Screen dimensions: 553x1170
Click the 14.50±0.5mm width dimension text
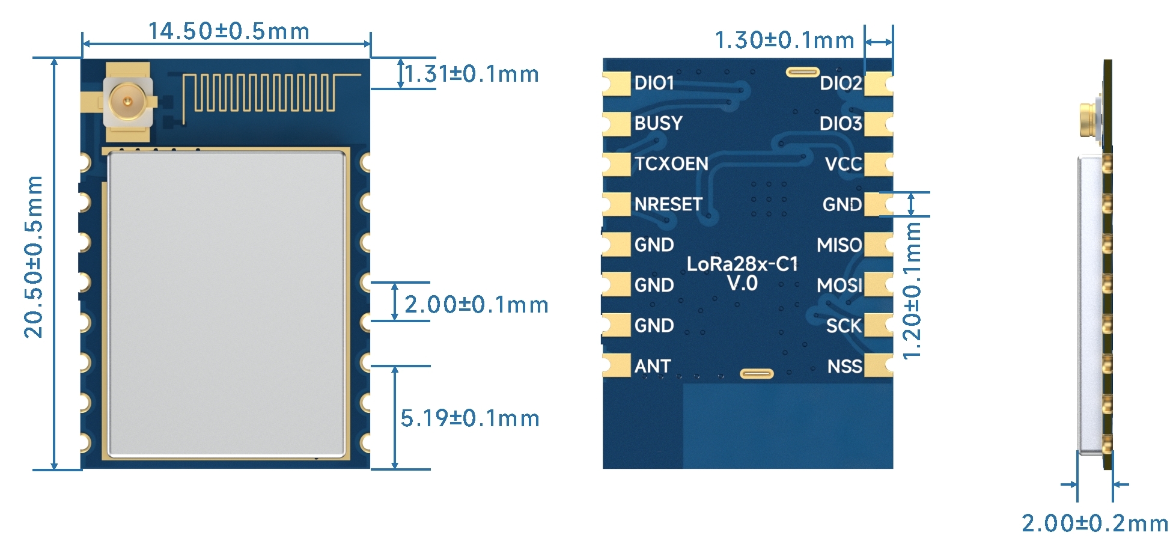point(228,31)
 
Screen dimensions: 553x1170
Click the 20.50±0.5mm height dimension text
point(34,257)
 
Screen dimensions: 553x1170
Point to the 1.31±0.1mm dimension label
point(472,75)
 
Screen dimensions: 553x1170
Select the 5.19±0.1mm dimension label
point(470,418)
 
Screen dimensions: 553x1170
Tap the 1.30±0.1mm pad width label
point(784,41)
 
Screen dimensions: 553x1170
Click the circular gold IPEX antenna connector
point(127,101)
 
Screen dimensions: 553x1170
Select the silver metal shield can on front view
point(227,304)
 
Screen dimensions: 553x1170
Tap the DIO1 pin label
point(654,83)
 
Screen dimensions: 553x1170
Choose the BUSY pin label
point(659,123)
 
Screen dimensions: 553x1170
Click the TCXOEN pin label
point(671,163)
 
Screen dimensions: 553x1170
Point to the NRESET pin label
point(668,204)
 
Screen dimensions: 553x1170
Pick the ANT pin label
point(653,366)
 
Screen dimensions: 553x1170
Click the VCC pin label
point(843,164)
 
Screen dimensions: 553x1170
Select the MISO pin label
point(839,245)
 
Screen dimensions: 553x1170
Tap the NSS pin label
point(844,366)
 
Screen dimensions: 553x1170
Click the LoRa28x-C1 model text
point(742,264)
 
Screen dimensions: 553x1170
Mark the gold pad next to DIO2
point(877,84)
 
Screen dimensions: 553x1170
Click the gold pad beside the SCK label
point(877,325)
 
